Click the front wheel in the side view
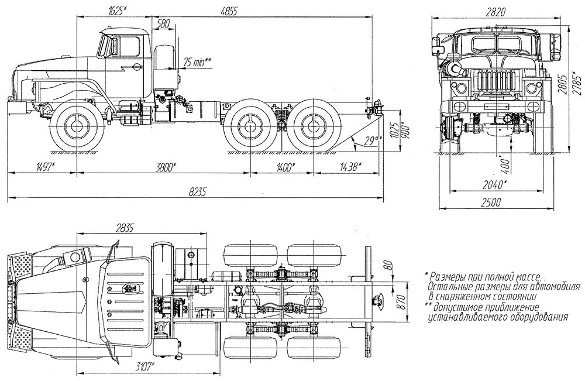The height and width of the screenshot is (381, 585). pyautogui.click(x=76, y=126)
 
